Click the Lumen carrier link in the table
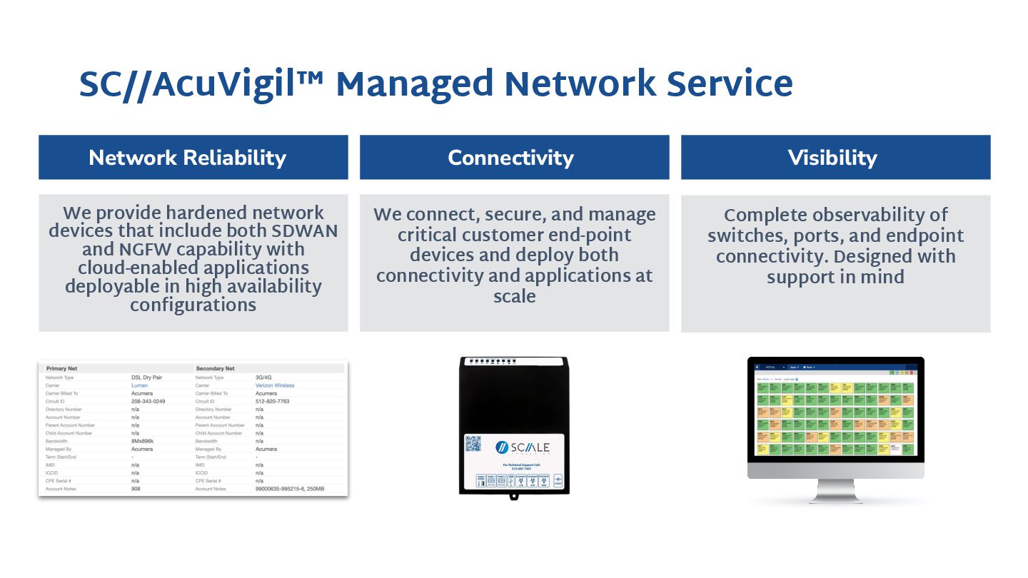point(139,385)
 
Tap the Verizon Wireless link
point(275,385)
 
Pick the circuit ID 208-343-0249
point(148,401)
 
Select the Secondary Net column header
point(216,368)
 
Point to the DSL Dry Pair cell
point(148,377)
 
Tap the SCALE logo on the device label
point(523,447)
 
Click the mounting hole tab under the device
point(514,495)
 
